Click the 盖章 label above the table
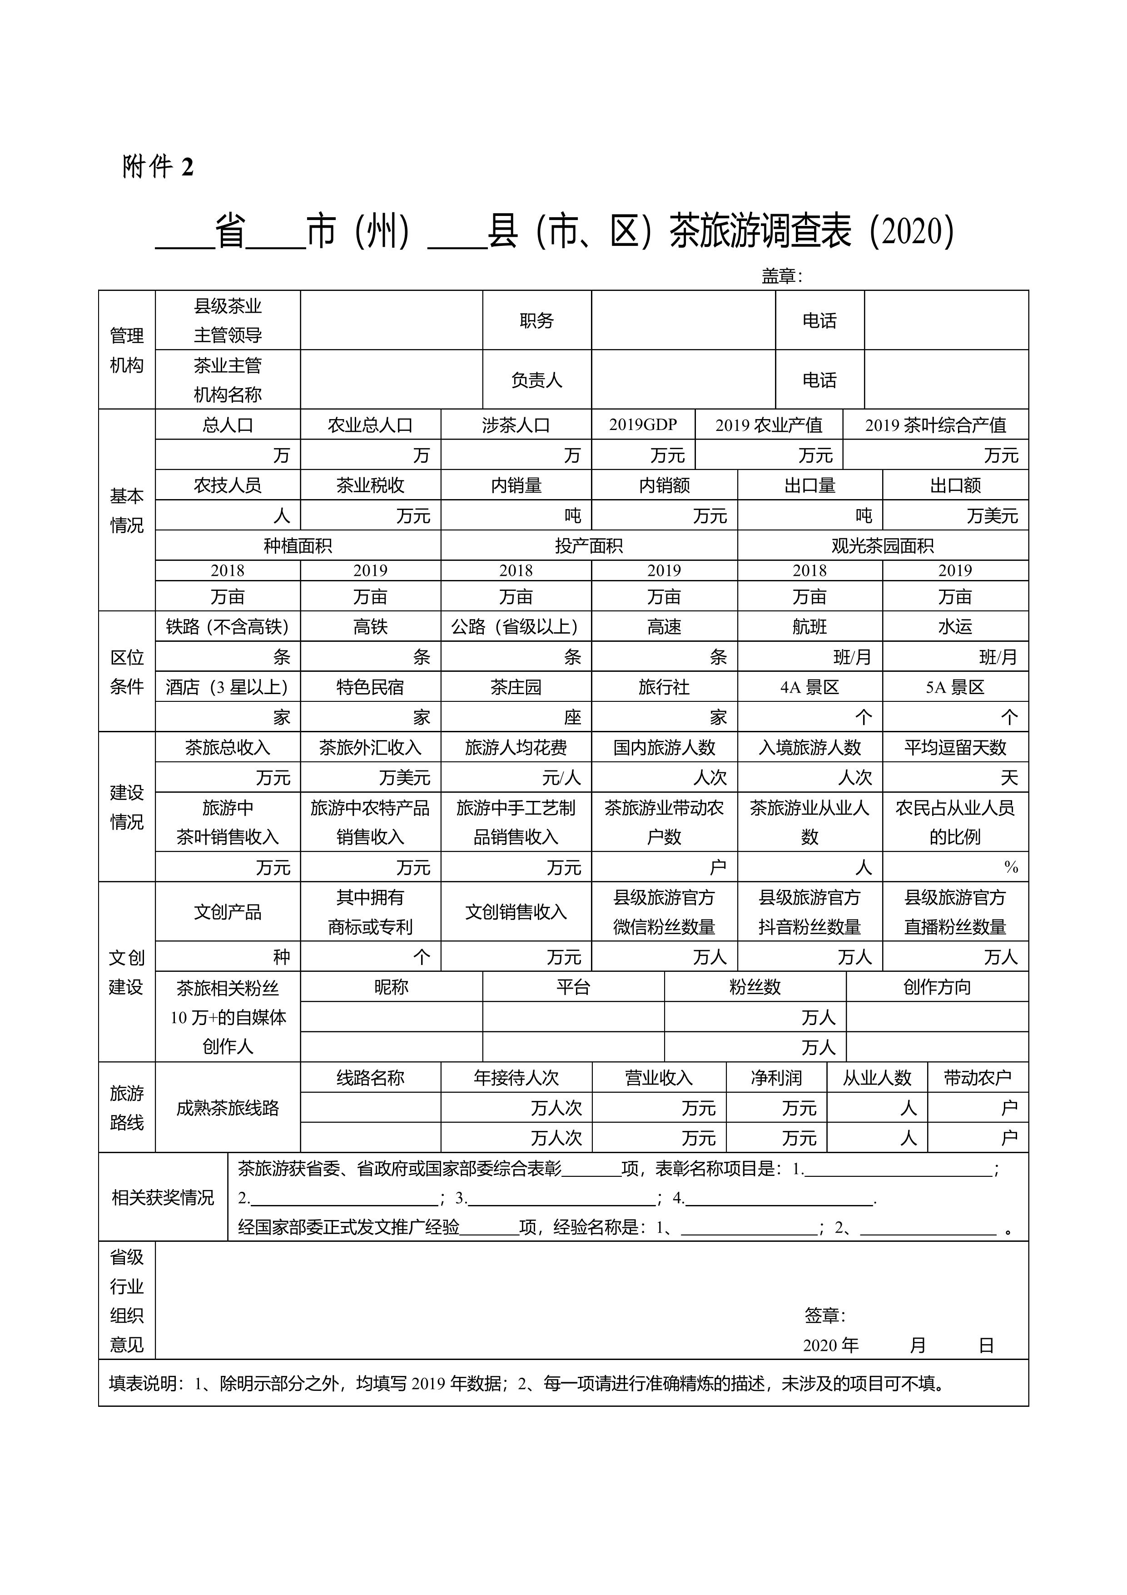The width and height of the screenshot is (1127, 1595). click(x=782, y=276)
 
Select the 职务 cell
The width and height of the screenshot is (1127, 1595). click(x=537, y=320)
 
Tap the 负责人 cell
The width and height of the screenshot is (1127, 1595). click(x=537, y=380)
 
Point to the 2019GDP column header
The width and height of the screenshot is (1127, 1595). click(x=643, y=425)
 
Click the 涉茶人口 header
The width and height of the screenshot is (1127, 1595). click(x=516, y=425)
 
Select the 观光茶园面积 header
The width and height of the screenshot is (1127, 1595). click(x=883, y=546)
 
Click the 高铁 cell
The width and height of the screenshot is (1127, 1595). click(x=370, y=627)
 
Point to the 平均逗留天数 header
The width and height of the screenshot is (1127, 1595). click(x=955, y=747)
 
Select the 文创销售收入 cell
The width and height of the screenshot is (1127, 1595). click(x=516, y=912)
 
